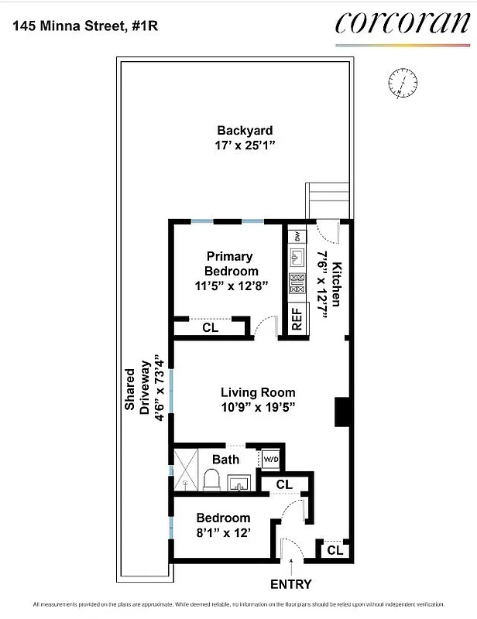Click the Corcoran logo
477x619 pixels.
[x=402, y=23]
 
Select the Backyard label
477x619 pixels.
[x=244, y=131]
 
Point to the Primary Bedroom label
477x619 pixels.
[x=231, y=263]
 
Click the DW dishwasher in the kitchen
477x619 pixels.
[x=297, y=234]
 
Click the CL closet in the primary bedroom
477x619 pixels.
[x=210, y=327]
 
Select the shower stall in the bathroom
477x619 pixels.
[x=185, y=469]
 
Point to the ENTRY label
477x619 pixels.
[x=290, y=584]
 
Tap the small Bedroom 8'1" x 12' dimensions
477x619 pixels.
[x=222, y=532]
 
